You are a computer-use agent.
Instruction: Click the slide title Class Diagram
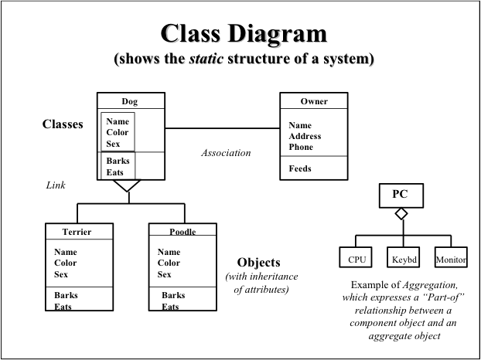pos(244,33)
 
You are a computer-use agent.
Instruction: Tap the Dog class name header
pos(130,101)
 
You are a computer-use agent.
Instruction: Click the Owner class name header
pos(313,101)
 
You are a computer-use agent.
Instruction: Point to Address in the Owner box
pos(305,136)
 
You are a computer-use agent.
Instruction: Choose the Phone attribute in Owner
pos(301,147)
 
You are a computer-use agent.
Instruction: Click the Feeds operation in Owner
pos(300,168)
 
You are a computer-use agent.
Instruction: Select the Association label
pos(226,153)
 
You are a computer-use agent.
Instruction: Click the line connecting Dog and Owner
pos(221,127)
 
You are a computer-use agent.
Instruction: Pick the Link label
pos(56,185)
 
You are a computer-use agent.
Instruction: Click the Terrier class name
pos(77,231)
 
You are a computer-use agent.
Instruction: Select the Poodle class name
pos(183,231)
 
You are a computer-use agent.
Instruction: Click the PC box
pos(400,195)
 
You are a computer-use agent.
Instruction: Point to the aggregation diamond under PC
pos(401,214)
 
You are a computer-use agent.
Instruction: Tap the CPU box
pos(356,260)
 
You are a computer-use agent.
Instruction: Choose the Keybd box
pos(404,260)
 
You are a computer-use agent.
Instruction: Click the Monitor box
pos(450,260)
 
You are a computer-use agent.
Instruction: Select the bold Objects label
pos(258,263)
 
